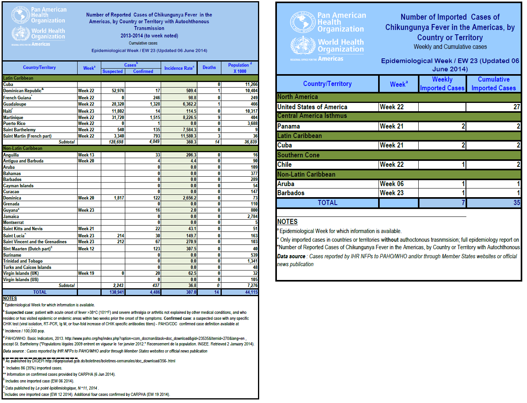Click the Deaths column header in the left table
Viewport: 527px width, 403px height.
[x=209, y=67]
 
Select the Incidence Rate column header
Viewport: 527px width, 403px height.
[x=179, y=68]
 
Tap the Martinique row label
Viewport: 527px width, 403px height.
[x=13, y=118]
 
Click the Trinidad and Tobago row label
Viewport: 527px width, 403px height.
[x=23, y=261]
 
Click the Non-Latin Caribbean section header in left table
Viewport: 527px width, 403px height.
[x=23, y=148]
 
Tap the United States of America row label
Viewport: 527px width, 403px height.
[x=312, y=107]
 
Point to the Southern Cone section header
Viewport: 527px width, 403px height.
[x=299, y=155]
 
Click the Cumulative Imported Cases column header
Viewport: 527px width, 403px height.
[x=494, y=84]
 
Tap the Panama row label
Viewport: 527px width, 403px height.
[x=289, y=126]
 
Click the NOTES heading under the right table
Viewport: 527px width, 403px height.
[x=288, y=222]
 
